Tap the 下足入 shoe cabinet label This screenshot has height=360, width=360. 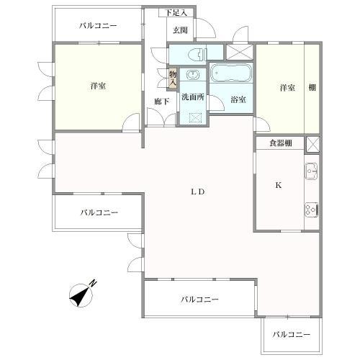pyautogui.click(x=176, y=13)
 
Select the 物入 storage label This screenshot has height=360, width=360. pyautogui.click(x=173, y=77)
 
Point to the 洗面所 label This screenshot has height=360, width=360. pyautogui.click(x=192, y=98)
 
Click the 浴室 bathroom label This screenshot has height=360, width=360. pyautogui.click(x=238, y=99)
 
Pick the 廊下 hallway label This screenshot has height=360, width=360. pyautogui.click(x=162, y=102)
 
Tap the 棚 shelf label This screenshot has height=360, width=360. pyautogui.click(x=312, y=88)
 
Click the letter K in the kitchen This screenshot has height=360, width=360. pyautogui.click(x=278, y=185)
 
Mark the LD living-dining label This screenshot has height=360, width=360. pyautogui.click(x=198, y=192)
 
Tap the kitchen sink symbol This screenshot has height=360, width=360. pyautogui.click(x=312, y=172)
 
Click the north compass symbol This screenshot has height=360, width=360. pyautogui.click(x=84, y=294)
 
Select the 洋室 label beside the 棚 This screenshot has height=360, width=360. pyautogui.click(x=287, y=88)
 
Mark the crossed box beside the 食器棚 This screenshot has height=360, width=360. pyautogui.click(x=312, y=143)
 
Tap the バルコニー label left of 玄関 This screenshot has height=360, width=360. pyautogui.click(x=98, y=25)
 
